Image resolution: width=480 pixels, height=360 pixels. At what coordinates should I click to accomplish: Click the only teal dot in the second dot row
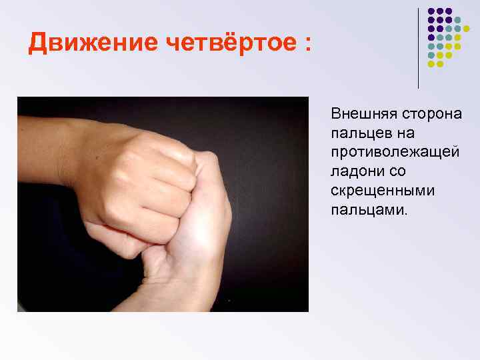(x=457, y=20)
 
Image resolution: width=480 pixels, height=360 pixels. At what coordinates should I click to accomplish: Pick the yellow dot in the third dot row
(x=466, y=29)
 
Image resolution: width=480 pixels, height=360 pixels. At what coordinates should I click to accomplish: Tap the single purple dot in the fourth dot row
(x=431, y=37)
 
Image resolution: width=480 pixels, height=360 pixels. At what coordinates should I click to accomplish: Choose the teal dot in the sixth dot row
(x=431, y=55)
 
